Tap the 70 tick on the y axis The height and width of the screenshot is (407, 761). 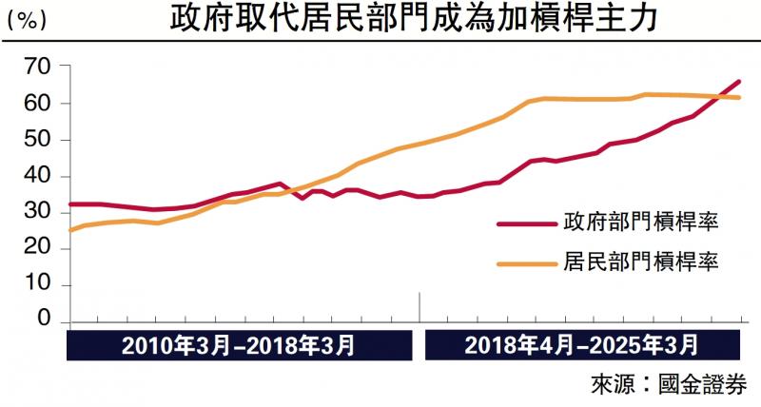pyautogui.click(x=36, y=67)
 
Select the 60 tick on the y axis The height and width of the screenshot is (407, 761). pyautogui.click(x=36, y=103)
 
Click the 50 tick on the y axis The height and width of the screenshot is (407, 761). pyautogui.click(x=36, y=140)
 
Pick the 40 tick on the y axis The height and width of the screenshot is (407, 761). pyautogui.click(x=36, y=176)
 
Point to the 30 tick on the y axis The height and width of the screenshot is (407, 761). pyautogui.click(x=36, y=213)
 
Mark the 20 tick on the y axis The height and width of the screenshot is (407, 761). pyautogui.click(x=36, y=249)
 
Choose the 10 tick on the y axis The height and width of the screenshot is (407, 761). pyautogui.click(x=36, y=285)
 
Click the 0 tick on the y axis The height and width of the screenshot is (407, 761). pyautogui.click(x=42, y=322)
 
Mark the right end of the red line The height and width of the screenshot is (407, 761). pyautogui.click(x=739, y=82)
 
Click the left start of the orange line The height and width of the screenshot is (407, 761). pyautogui.click(x=70, y=230)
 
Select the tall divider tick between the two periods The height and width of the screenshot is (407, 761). pyautogui.click(x=420, y=307)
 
